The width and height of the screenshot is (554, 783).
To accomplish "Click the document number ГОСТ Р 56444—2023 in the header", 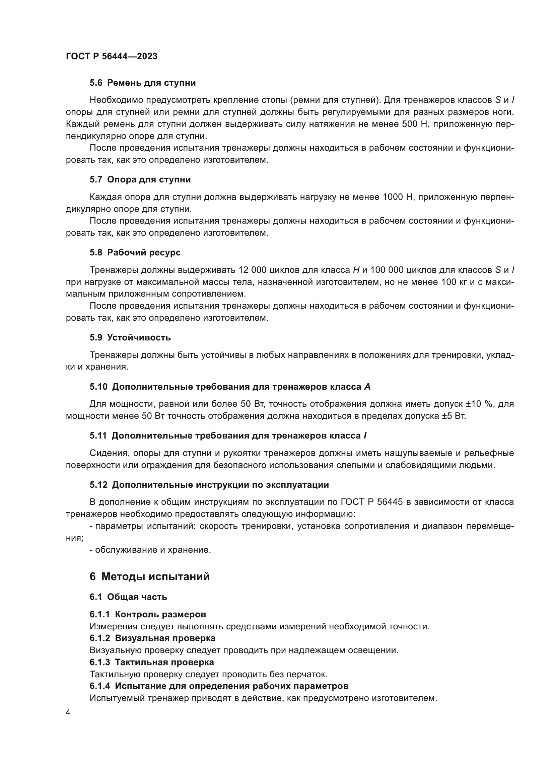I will (x=112, y=56).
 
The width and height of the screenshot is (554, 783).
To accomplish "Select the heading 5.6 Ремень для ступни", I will (x=143, y=83).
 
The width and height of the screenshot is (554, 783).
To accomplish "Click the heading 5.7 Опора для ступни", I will (x=140, y=180).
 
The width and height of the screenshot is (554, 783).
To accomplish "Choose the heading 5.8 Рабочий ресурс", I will (x=135, y=253).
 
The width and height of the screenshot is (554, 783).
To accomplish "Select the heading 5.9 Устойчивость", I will (x=130, y=338).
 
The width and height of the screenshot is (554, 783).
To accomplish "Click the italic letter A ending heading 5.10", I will (x=367, y=387).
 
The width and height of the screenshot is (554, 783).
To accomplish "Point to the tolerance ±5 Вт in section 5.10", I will (x=454, y=416).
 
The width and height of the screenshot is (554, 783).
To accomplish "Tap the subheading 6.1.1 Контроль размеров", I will (x=148, y=615).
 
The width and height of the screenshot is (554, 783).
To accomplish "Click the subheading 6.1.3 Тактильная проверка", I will (x=152, y=662).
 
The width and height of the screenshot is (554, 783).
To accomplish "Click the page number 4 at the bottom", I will (x=68, y=712).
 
